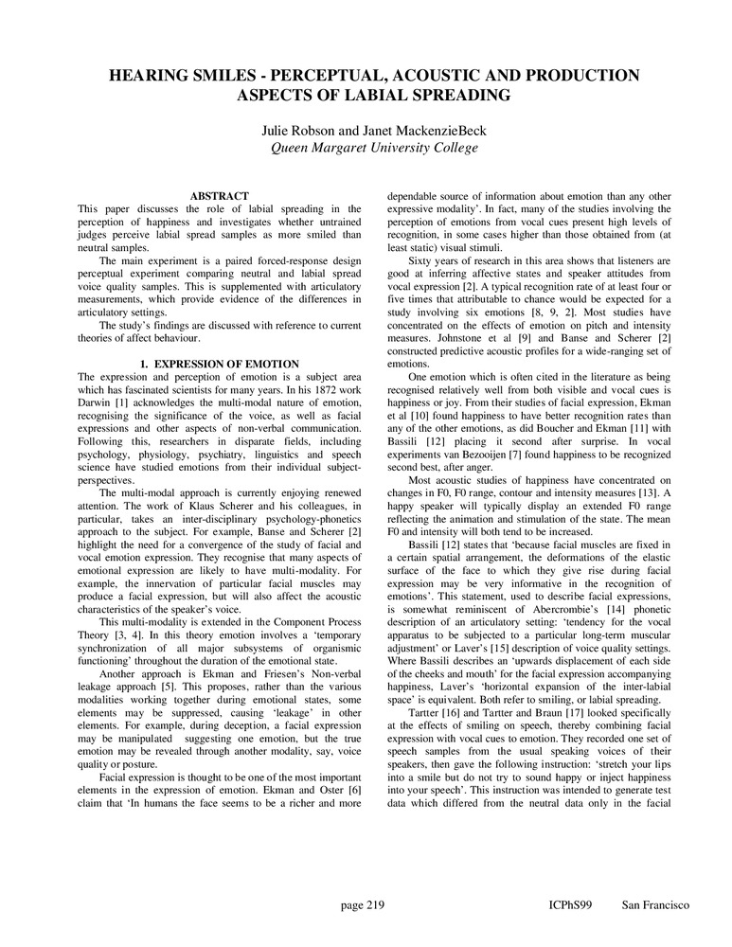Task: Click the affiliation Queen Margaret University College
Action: pos(366,147)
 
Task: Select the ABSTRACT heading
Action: pos(219,196)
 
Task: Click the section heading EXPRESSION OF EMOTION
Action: pos(226,364)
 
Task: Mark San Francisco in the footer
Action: pos(656,905)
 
